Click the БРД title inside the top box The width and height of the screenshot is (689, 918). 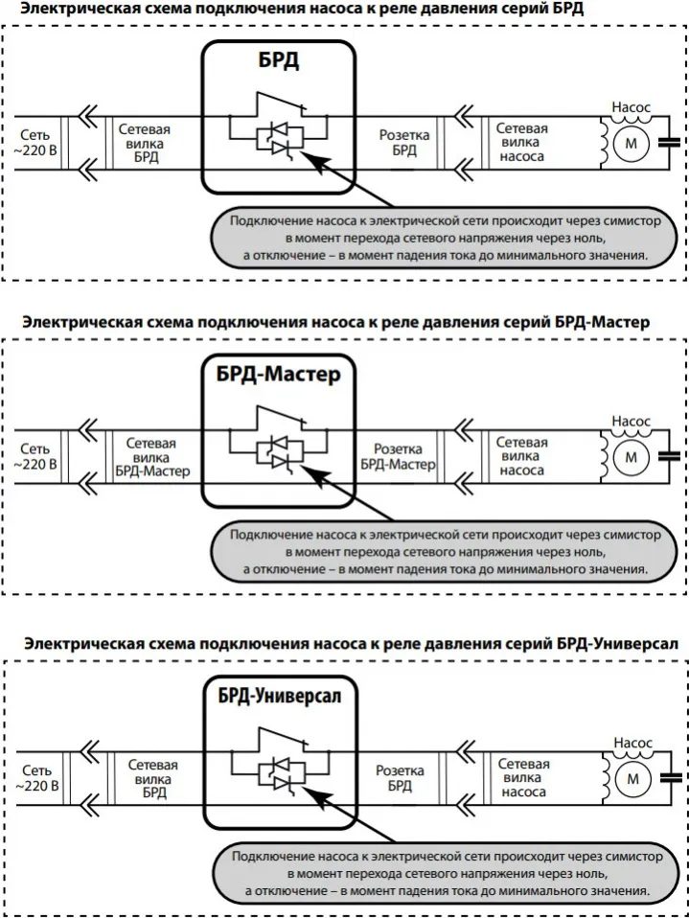(278, 62)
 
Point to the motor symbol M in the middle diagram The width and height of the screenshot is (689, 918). (630, 457)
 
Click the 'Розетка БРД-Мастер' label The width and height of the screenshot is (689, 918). (398, 457)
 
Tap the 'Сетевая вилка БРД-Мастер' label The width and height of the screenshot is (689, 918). (152, 457)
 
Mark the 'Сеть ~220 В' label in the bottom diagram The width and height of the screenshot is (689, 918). (35, 778)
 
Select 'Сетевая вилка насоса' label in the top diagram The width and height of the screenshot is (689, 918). (521, 142)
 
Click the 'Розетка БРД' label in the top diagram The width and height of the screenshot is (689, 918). (403, 143)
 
